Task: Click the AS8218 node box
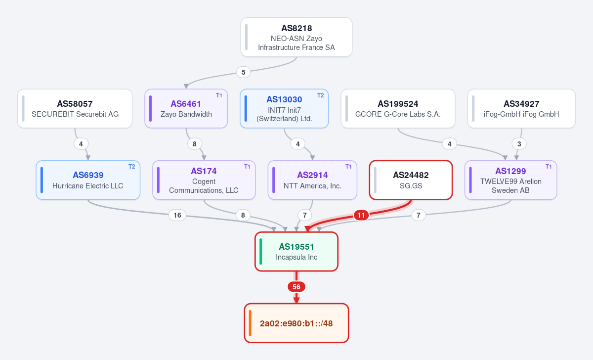(x=296, y=37)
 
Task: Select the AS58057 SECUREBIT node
(x=75, y=109)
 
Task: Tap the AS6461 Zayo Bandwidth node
(x=186, y=109)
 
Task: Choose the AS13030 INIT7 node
(x=284, y=109)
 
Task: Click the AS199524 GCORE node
(x=398, y=109)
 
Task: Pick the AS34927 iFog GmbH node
(x=521, y=109)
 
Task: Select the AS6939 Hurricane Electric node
(x=88, y=180)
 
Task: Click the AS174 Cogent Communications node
(x=204, y=180)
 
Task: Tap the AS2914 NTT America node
(x=312, y=180)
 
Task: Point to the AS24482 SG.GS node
(x=411, y=180)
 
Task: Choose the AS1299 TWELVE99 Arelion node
(x=510, y=180)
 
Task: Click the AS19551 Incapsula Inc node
(x=296, y=252)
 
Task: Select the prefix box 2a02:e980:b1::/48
(x=296, y=323)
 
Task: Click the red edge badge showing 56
(x=296, y=287)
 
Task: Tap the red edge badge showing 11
(x=361, y=215)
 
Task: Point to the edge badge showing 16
(x=177, y=215)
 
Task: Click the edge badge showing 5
(x=243, y=72)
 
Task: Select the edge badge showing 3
(x=519, y=144)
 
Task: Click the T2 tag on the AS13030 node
(x=320, y=95)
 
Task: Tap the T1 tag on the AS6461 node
(x=219, y=95)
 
